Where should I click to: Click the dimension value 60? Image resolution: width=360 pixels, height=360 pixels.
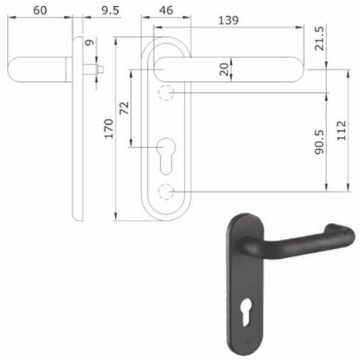[40, 10]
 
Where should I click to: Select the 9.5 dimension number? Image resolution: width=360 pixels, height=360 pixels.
[110, 10]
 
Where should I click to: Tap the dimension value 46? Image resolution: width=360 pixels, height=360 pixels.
[166, 10]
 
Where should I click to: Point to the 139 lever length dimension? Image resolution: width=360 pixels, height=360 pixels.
[228, 20]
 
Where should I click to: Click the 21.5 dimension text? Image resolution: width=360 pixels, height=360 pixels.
[319, 38]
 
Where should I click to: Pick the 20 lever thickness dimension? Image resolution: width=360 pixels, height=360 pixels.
[224, 70]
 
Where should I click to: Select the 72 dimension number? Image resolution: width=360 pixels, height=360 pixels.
[124, 108]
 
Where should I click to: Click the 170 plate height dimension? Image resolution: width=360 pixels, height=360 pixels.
[109, 129]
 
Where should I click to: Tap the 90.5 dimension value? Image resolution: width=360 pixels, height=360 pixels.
[319, 142]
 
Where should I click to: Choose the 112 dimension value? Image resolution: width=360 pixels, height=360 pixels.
[342, 130]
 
